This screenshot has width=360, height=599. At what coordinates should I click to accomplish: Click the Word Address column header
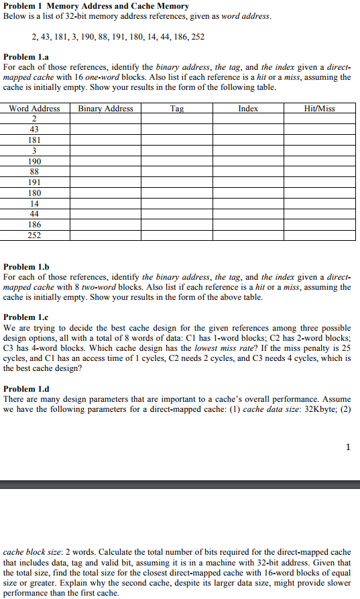(34, 109)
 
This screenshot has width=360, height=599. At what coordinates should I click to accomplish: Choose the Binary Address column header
(105, 109)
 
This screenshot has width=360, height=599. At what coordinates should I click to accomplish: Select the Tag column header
(177, 109)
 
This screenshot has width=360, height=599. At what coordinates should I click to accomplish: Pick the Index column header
(248, 109)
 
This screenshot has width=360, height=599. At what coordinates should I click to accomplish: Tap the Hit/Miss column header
(319, 109)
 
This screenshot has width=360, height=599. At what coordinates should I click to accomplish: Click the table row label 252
(34, 235)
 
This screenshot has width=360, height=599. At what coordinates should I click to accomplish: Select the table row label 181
(34, 141)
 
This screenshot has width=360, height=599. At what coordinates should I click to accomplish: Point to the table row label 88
(34, 172)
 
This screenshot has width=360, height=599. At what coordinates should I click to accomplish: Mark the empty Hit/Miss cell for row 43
(319, 129)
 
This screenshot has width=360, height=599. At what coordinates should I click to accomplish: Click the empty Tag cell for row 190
(177, 162)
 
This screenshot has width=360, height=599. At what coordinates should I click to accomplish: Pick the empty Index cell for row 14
(248, 203)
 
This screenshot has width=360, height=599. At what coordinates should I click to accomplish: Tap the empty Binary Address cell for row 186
(105, 225)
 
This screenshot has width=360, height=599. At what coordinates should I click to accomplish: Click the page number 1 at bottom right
(348, 447)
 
